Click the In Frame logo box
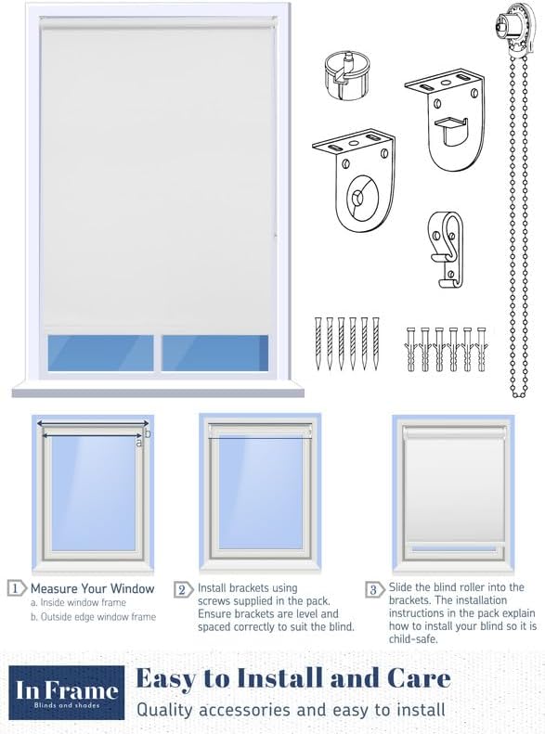click(x=67, y=692)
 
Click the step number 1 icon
click(x=16, y=588)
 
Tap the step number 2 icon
click(x=182, y=588)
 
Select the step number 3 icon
click(x=374, y=589)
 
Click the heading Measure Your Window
click(x=92, y=588)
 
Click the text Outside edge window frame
click(x=93, y=617)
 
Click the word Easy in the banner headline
click(x=170, y=678)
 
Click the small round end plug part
click(x=344, y=69)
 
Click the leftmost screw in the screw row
click(x=318, y=343)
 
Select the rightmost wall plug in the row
click(x=481, y=348)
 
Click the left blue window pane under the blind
click(x=101, y=353)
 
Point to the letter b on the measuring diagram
click(x=149, y=432)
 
